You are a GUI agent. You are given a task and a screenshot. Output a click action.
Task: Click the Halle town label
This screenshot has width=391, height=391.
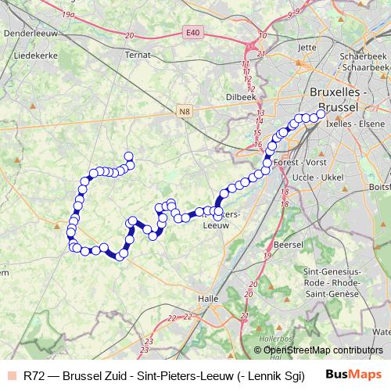click(208, 298)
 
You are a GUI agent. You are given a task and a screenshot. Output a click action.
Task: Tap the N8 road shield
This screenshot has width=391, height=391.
click(185, 112)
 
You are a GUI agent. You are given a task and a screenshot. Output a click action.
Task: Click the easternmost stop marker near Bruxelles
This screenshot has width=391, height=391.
click(321, 114)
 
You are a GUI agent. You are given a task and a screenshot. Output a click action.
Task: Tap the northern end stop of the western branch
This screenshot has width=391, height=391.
click(129, 156)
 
